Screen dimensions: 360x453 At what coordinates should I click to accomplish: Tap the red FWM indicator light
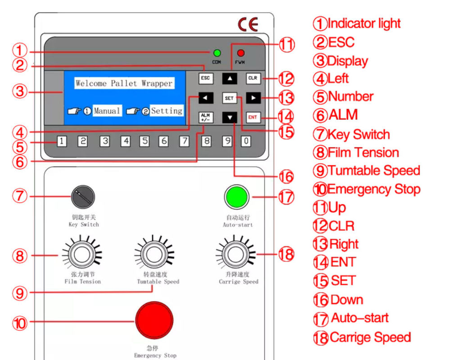[x=241, y=53]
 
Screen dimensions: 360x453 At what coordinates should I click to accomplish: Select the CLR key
[x=253, y=78]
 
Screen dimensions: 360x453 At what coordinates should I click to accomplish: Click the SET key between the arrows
[x=229, y=98]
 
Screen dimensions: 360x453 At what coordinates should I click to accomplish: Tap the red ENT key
[x=253, y=117]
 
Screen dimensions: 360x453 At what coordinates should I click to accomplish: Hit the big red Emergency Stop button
[x=154, y=320]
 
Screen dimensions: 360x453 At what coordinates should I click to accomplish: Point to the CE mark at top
[x=248, y=25]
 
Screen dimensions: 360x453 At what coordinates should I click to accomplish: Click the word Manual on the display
[x=107, y=111]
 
